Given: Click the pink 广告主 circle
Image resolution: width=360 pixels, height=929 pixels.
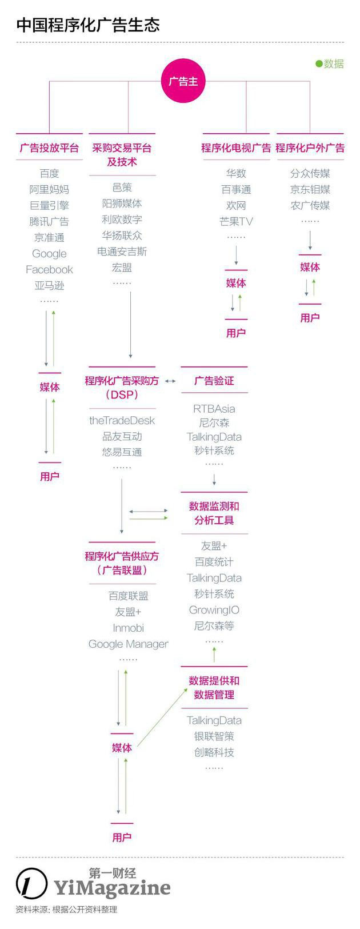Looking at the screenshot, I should (x=183, y=82).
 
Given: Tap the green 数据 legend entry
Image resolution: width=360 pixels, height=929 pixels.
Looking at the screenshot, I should (x=330, y=63).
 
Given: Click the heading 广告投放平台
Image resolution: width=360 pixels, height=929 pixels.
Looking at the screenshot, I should (x=49, y=147).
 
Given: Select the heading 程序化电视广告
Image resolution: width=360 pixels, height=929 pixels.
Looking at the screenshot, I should (x=235, y=147).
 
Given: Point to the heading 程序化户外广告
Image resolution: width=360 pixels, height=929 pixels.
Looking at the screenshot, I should (x=310, y=147).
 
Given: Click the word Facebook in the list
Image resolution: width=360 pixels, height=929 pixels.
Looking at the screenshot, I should (x=49, y=269).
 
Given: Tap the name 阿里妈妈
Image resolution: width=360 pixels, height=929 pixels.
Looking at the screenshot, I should (x=49, y=189).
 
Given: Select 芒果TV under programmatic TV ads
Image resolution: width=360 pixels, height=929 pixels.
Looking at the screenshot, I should (x=235, y=221).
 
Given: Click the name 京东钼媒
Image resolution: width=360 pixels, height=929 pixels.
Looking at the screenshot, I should (x=310, y=189).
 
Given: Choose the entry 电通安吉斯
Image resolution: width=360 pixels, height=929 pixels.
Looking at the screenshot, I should (x=122, y=251).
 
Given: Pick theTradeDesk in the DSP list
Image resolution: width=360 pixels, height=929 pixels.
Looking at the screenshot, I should (x=122, y=420).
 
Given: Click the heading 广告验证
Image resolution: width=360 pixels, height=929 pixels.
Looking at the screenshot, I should (x=214, y=380).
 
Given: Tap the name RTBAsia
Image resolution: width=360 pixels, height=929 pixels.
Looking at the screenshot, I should (x=214, y=409).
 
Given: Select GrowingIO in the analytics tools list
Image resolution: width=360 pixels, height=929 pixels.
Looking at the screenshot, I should (x=214, y=610).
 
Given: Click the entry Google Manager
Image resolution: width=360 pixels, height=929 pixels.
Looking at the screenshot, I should (x=128, y=644).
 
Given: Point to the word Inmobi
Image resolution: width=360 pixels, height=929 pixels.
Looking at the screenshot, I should (x=128, y=628).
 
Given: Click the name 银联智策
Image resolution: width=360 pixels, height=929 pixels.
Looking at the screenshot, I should (x=214, y=736).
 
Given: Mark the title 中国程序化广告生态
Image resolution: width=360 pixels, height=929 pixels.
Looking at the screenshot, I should (x=88, y=25).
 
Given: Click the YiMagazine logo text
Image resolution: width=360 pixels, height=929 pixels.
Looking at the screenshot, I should (x=112, y=888).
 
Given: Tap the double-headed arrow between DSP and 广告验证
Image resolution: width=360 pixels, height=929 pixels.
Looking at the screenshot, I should (x=170, y=381).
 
